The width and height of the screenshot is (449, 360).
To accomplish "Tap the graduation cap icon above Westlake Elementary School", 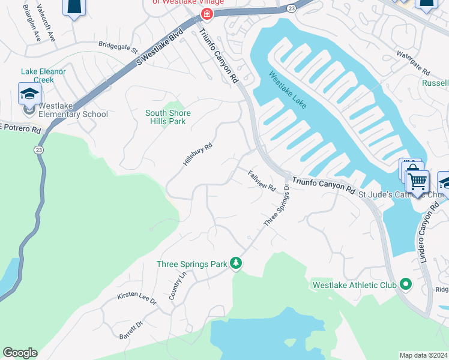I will [29, 94].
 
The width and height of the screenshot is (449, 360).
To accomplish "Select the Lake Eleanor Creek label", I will [43, 76].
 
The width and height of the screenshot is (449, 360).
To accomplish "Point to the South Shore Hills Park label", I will [168, 117].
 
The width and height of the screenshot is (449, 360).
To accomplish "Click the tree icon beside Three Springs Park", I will [237, 264].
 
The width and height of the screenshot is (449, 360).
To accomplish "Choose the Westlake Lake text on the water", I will [288, 91].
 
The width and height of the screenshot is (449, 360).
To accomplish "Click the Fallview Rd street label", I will [262, 180].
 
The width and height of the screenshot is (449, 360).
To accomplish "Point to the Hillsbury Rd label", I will [197, 154].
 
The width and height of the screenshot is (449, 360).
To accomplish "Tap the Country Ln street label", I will [178, 286].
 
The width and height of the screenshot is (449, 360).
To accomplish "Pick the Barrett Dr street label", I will [131, 329].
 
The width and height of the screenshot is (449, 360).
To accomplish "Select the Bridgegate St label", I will [118, 45].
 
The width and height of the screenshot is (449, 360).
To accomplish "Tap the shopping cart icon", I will [417, 180].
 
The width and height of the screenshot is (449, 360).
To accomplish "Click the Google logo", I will [20, 353].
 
